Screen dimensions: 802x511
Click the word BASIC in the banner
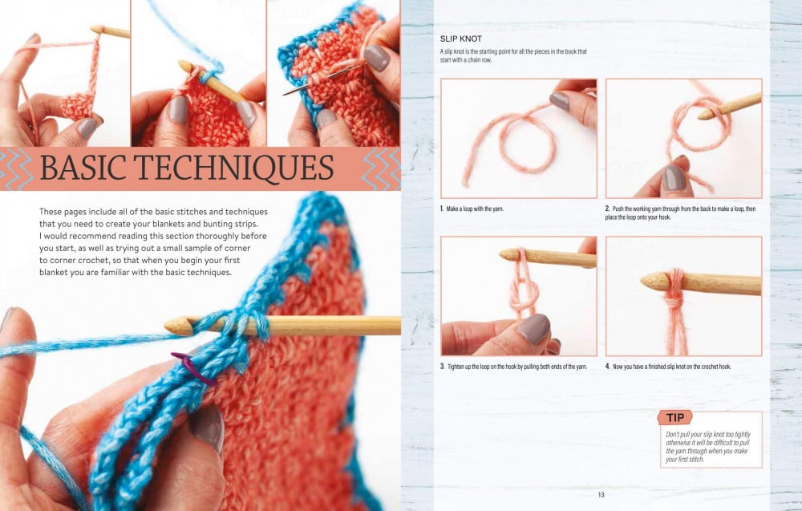[83, 168]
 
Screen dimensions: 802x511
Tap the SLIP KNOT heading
[461, 39]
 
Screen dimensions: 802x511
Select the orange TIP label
[675, 417]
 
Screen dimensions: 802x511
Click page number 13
[601, 495]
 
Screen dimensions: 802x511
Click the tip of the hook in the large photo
[168, 326]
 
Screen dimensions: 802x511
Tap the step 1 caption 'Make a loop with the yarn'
[472, 209]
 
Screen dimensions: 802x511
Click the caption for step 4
[668, 367]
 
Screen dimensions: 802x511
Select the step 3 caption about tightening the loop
[513, 367]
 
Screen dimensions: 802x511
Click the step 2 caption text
[680, 213]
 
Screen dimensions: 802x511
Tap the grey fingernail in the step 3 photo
[533, 328]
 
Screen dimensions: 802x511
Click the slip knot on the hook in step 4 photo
[674, 297]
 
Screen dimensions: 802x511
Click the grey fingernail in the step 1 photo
[559, 101]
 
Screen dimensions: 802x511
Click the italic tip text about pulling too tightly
[708, 447]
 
